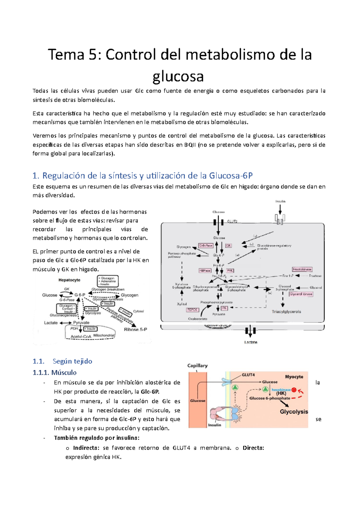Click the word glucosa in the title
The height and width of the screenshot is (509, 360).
coord(178,76)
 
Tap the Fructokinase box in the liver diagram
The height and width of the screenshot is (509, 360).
coord(302,269)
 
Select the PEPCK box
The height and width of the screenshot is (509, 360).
coord(192,310)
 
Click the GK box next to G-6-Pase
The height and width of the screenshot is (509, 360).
coord(228,246)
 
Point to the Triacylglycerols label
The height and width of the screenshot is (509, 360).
coord(286,312)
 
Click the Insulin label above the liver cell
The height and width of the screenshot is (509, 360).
coord(280,201)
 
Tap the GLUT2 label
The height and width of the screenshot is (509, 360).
coord(232,221)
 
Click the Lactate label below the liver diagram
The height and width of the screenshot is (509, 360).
coord(250,342)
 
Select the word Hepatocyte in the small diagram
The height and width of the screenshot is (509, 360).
coord(69,280)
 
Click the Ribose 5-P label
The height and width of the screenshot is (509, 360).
coord(135,329)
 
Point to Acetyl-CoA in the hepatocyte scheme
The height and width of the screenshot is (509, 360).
coord(81,337)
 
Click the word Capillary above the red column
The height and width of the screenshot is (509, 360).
coord(197,366)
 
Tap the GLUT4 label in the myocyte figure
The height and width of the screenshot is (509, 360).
coord(248,375)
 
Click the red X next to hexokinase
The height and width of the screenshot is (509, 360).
coord(294,390)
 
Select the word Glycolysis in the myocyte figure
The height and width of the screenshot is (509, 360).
coord(294,412)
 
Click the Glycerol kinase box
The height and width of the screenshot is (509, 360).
coord(301,294)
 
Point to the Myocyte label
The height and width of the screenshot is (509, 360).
coord(294,377)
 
